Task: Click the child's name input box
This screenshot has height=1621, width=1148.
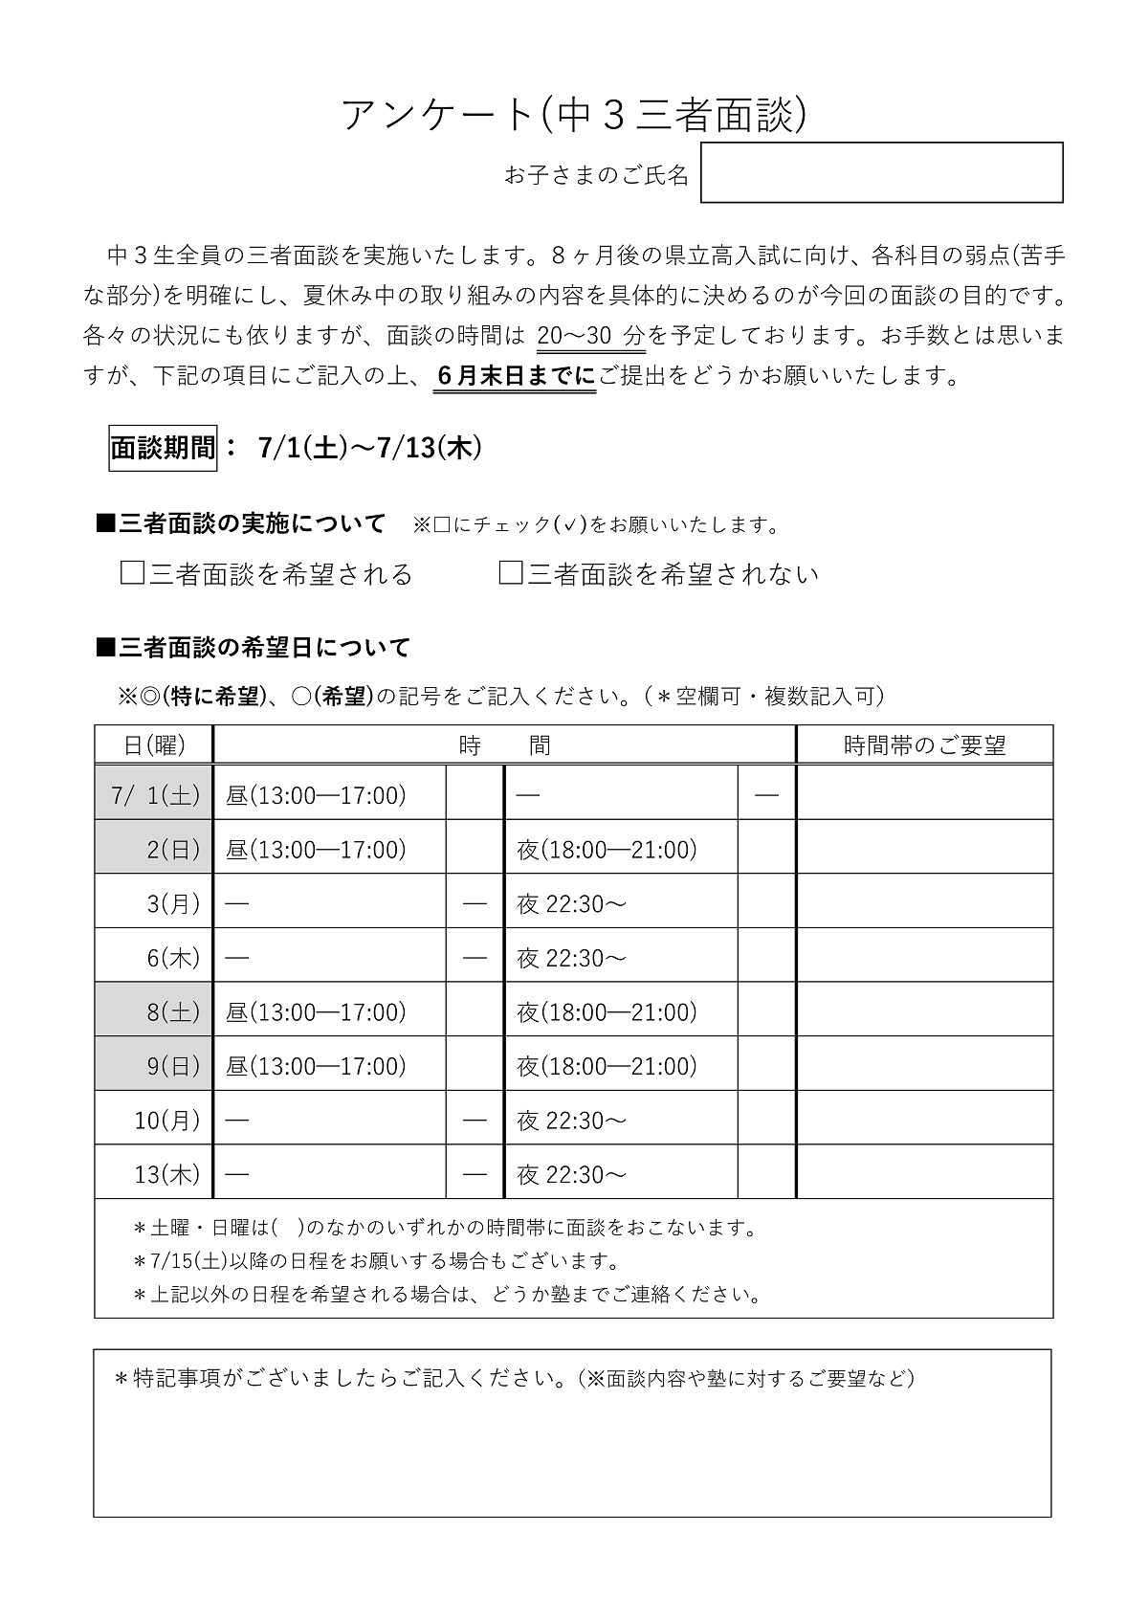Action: (x=881, y=172)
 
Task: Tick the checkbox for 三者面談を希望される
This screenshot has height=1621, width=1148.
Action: (x=132, y=573)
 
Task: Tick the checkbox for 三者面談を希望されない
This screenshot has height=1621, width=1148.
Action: (x=511, y=573)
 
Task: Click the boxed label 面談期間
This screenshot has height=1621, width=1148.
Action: (x=163, y=448)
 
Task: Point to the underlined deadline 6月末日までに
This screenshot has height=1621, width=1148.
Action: (x=516, y=376)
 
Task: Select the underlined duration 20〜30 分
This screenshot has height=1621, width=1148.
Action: (x=590, y=336)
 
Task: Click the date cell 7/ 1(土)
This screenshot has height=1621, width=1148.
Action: (x=154, y=794)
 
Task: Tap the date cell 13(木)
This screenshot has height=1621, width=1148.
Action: (x=154, y=1173)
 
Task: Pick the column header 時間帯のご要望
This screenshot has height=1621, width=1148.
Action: (x=924, y=744)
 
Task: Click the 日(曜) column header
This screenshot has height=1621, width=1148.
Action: (x=154, y=744)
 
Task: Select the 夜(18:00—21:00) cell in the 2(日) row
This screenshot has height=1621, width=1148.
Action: (x=620, y=849)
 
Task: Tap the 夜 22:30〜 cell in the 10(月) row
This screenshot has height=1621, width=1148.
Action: (x=620, y=1120)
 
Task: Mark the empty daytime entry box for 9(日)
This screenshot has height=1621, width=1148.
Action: (x=475, y=1065)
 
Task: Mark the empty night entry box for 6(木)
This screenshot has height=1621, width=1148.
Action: (x=766, y=957)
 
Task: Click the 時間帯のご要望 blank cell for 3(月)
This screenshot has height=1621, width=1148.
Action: (x=924, y=902)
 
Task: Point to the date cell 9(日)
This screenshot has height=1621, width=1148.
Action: (x=154, y=1065)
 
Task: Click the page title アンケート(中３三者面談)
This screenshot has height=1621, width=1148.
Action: (x=574, y=115)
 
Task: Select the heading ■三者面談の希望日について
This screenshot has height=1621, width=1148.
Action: (x=254, y=648)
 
